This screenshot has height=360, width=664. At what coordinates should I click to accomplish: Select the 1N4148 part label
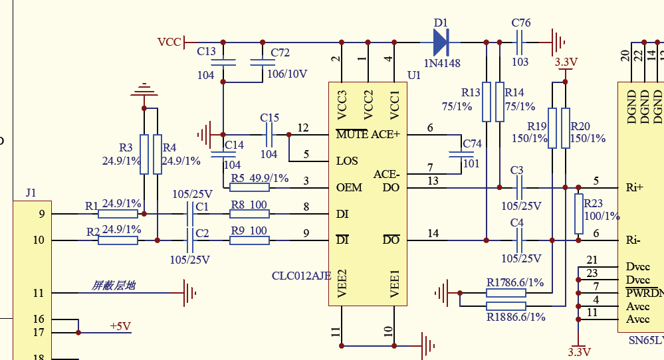[x=443, y=63]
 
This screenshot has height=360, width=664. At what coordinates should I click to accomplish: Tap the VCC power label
[x=169, y=42]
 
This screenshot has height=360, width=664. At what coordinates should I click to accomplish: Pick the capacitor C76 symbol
[x=520, y=42]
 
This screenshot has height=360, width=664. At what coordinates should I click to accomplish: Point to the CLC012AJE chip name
[x=301, y=276]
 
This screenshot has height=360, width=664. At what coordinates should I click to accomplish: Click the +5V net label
[x=120, y=326]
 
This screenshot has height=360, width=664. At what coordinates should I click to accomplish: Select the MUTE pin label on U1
[x=352, y=134]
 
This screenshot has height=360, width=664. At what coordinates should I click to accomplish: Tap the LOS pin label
[x=347, y=161]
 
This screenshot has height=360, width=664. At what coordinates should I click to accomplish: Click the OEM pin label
[x=350, y=187]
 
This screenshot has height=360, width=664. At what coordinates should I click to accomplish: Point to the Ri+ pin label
[x=635, y=187]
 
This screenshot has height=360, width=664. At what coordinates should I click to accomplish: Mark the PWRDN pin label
[x=644, y=293]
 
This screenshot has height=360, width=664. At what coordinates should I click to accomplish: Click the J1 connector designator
[x=31, y=193]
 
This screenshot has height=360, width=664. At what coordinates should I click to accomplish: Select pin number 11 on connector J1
[x=39, y=293]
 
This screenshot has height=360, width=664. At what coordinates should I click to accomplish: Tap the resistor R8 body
[x=250, y=214]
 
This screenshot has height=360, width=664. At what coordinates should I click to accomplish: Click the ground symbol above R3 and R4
[x=144, y=90]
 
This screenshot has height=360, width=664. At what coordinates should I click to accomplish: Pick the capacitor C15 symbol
[x=269, y=134]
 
